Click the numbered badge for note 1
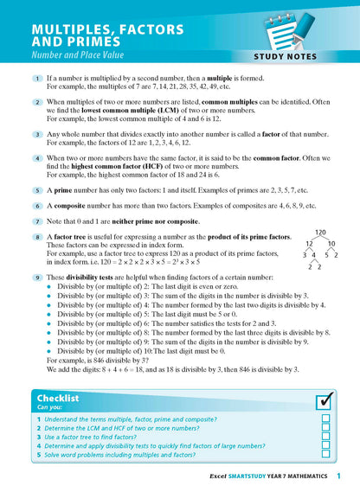[x=38, y=79]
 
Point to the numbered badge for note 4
[x=38, y=158]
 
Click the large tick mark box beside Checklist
[x=325, y=400]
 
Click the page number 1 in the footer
[x=338, y=476]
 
